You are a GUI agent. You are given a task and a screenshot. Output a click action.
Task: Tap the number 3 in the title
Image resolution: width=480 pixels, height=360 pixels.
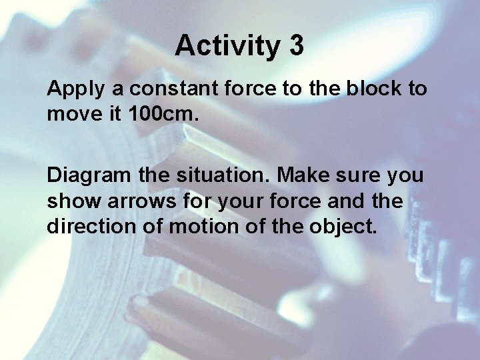(x=297, y=46)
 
